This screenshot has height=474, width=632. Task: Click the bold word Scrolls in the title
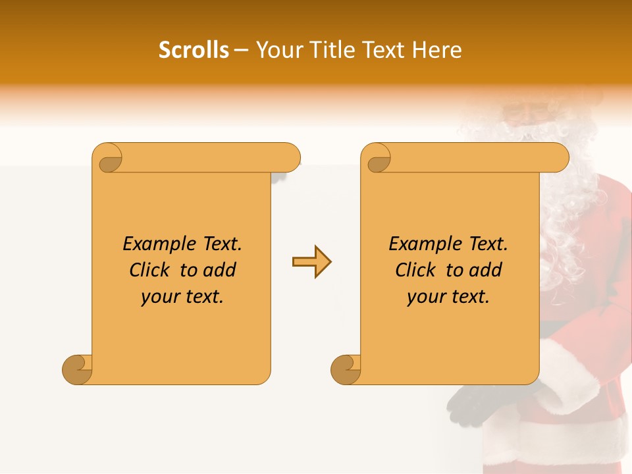coord(194,50)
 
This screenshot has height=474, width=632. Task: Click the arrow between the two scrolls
coord(311,262)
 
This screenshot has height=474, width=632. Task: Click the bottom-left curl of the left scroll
coord(78,369)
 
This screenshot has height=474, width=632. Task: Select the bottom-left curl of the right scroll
coord(346,369)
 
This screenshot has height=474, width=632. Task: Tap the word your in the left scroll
coord(157,297)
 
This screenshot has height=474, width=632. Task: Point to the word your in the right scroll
coord(423,297)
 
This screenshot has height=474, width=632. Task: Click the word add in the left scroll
coord(220,270)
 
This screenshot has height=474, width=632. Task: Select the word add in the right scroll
coord(486,270)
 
